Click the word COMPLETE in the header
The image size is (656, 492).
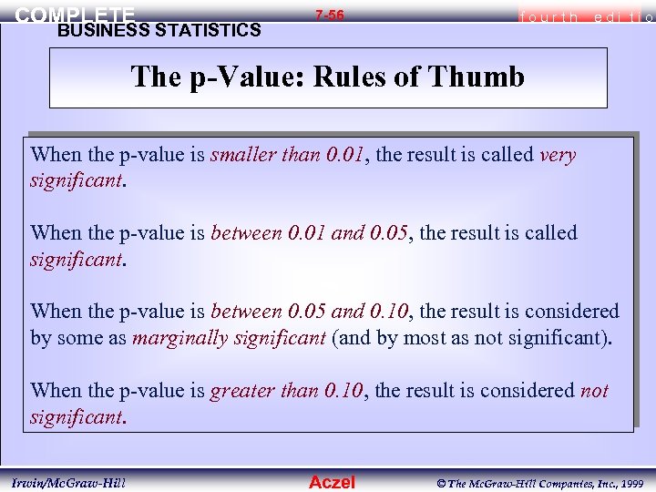click(x=75, y=15)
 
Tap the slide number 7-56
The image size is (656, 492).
click(x=329, y=15)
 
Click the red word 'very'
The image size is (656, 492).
click(x=558, y=155)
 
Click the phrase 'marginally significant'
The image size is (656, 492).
click(x=229, y=339)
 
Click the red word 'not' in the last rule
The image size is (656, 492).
click(x=594, y=392)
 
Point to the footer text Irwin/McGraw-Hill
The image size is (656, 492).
click(x=69, y=481)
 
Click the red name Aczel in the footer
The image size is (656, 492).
click(x=332, y=482)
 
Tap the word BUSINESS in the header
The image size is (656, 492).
click(x=97, y=30)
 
